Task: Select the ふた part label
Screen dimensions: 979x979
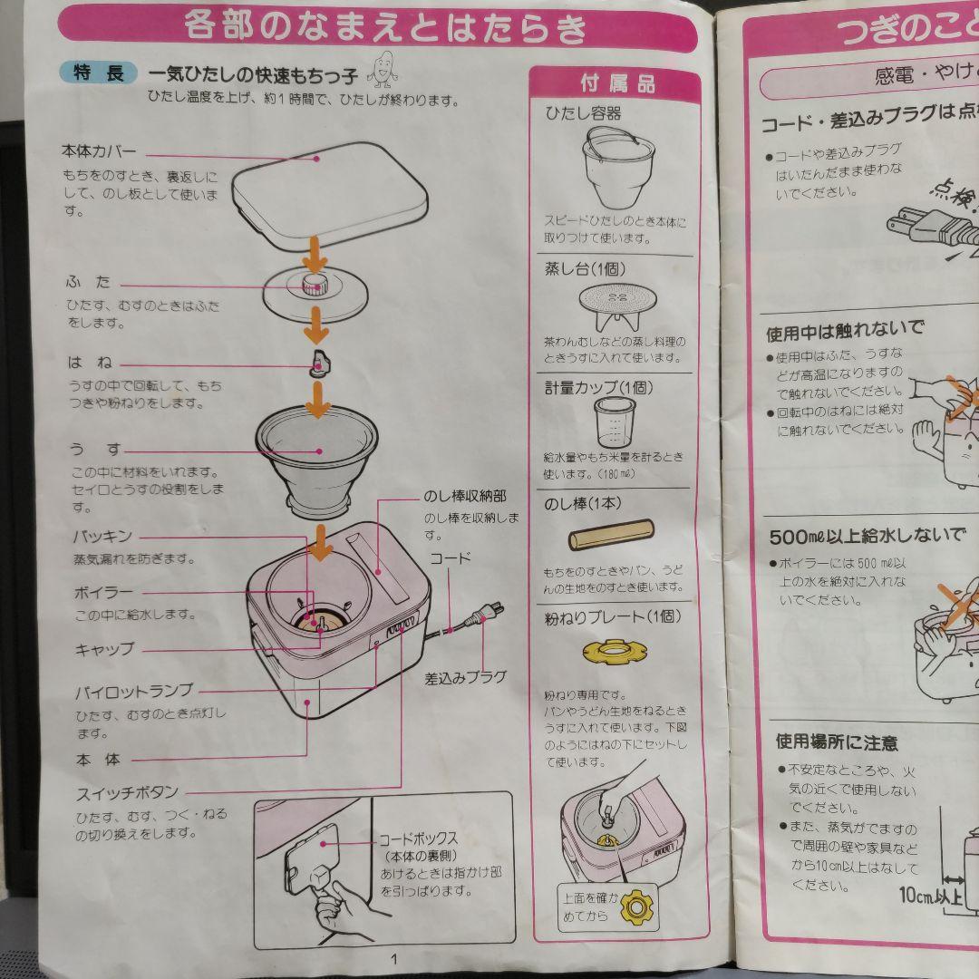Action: tap(89, 282)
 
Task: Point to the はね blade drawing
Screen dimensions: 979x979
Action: tap(319, 363)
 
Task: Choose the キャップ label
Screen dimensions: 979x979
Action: tap(103, 648)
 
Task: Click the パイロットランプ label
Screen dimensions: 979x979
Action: tap(133, 692)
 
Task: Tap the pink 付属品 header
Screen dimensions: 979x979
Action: tap(616, 84)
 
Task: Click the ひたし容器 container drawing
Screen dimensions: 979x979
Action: tap(616, 168)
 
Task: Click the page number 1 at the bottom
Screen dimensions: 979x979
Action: tap(393, 959)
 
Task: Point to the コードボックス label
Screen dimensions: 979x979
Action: tap(418, 839)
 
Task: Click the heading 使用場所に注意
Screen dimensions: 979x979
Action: tap(836, 742)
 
